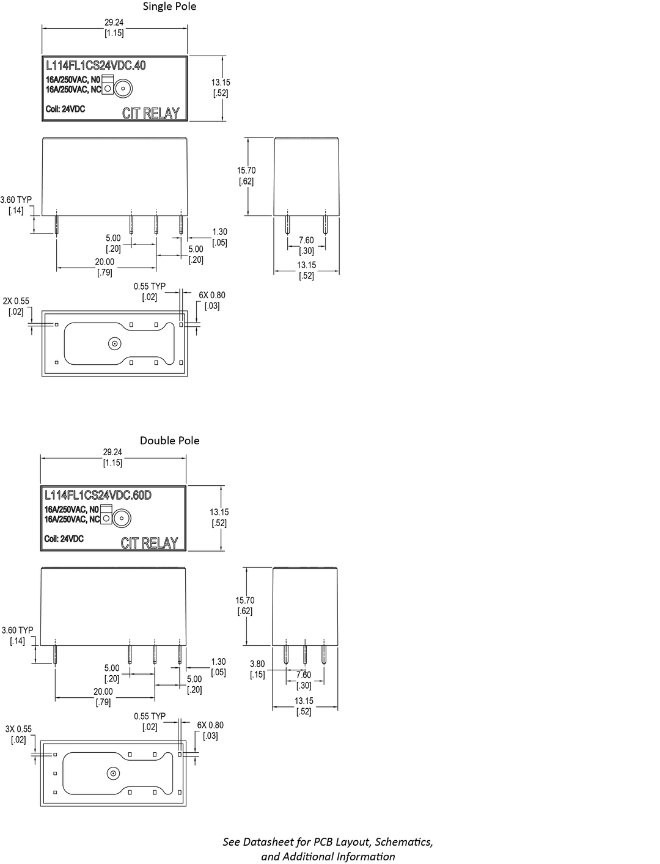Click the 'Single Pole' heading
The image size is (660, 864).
tap(169, 6)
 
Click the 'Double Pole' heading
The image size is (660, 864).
tap(170, 440)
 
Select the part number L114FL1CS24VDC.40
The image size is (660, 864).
tap(95, 65)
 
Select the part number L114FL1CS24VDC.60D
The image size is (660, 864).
tap(98, 495)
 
